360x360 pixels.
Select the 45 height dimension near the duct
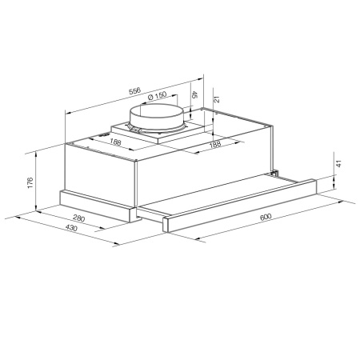click(195, 95)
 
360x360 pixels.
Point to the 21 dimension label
click(216, 99)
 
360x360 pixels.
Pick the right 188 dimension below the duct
click(214, 145)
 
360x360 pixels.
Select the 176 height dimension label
click(29, 182)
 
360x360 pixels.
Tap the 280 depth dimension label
click(79, 218)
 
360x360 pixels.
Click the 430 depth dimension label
click(70, 230)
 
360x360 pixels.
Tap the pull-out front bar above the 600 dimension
click(240, 205)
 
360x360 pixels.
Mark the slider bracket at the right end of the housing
click(274, 172)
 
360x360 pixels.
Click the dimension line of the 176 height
click(38, 182)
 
